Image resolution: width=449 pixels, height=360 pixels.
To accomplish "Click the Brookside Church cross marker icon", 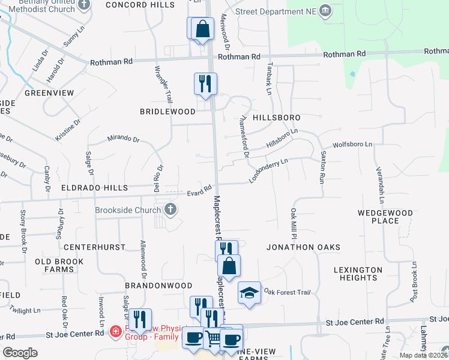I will click(x=170, y=210).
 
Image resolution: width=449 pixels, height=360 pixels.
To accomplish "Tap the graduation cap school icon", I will click(x=249, y=293).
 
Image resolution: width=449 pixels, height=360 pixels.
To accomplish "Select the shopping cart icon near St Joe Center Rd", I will click(x=213, y=339).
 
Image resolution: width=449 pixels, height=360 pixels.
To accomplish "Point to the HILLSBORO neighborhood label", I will click(x=276, y=118).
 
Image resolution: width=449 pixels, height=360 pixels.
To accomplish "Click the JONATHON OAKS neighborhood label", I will click(x=304, y=247).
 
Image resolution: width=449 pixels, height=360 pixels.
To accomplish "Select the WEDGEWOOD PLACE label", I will click(x=385, y=217).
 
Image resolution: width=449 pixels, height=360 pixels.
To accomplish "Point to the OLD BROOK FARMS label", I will click(x=63, y=265).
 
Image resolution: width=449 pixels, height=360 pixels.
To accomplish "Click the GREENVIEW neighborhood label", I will click(x=49, y=93).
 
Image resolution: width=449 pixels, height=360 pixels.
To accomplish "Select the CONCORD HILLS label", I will click(x=139, y=4).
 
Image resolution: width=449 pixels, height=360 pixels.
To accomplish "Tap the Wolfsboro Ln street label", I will click(x=352, y=145).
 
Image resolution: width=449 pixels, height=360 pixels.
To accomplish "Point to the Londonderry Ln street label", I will click(x=269, y=170).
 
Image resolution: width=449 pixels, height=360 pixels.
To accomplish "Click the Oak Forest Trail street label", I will click(x=287, y=293).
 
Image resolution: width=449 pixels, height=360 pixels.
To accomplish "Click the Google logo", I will click(x=20, y=353).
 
